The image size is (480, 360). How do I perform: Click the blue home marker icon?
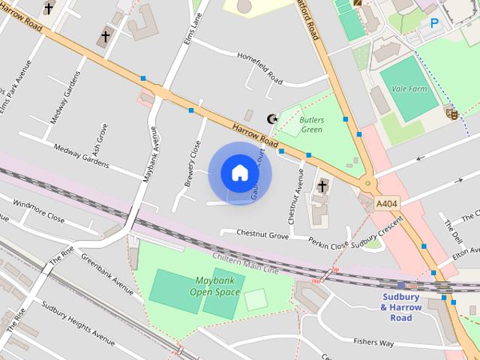[239, 172]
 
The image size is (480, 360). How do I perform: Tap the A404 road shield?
[387, 204]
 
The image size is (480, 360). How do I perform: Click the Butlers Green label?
[311, 124]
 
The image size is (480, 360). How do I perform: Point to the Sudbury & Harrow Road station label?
[402, 307]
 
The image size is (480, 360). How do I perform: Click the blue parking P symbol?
[434, 23]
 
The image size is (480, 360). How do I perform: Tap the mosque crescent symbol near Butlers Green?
[273, 118]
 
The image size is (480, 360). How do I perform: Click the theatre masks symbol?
[451, 113]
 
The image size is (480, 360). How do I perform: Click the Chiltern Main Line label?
[245, 263]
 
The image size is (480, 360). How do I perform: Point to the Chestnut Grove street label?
[262, 235]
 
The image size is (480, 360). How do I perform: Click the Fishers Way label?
[373, 342]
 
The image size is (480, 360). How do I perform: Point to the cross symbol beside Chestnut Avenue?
[322, 185]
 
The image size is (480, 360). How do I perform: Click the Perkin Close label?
[328, 244]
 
